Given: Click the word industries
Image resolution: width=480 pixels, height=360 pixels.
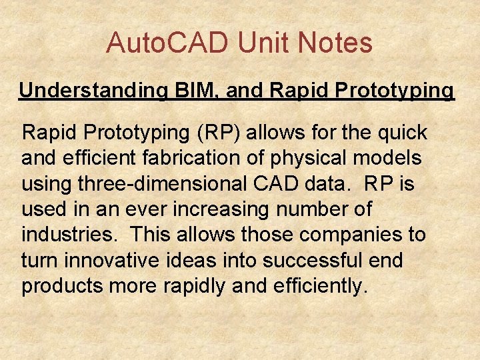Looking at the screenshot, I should click(x=70, y=235).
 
